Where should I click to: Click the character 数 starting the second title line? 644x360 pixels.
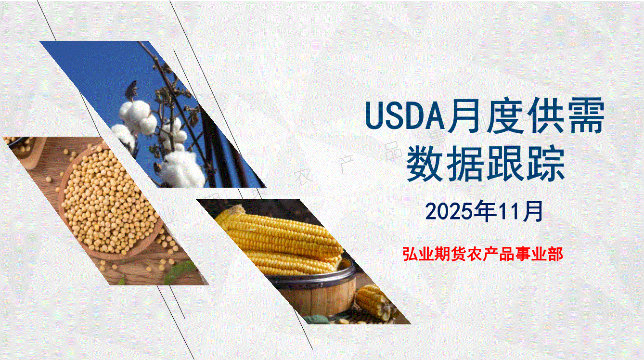tap(425, 164)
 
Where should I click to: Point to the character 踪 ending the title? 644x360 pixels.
tap(547, 164)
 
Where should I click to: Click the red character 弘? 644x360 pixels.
tap(410, 254)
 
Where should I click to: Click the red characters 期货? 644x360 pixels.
tap(442, 254)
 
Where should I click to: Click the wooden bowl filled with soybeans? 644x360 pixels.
tap(109, 201)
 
